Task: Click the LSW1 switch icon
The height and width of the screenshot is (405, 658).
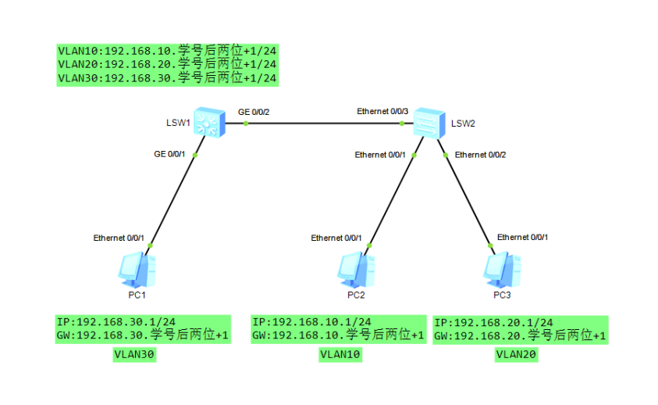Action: (209, 123)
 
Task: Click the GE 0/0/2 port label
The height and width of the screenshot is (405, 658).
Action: (254, 112)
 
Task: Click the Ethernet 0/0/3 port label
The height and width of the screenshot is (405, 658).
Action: (382, 112)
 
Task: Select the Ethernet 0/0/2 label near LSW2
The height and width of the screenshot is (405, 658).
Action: (481, 155)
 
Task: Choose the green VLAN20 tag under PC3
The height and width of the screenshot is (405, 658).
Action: (517, 355)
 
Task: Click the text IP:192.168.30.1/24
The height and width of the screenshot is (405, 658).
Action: (116, 322)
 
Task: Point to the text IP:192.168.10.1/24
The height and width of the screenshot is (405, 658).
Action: (311, 322)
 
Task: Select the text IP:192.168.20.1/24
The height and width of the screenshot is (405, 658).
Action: (493, 322)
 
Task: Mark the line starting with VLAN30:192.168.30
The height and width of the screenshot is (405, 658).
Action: (167, 78)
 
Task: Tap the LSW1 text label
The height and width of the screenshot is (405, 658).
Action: (178, 124)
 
